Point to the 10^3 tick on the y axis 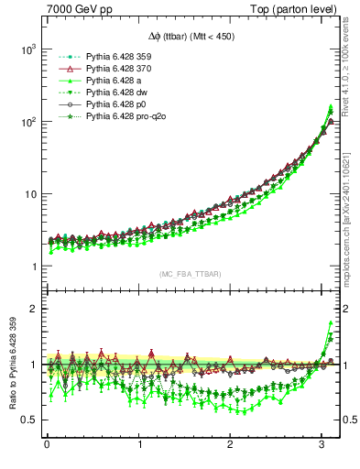pyautogui.click(x=27, y=49)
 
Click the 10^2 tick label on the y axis pyautogui.click(x=27, y=121)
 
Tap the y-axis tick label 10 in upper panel pyautogui.click(x=28, y=194)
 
